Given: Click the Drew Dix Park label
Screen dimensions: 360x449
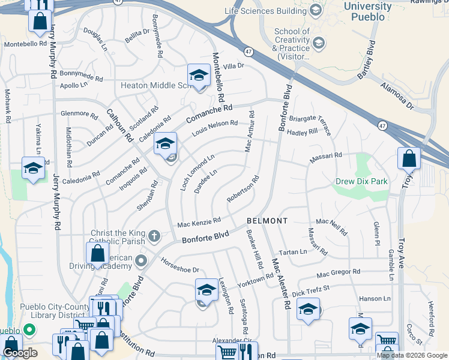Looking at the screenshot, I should [x=361, y=181].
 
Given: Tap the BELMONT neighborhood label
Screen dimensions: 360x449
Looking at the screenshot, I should [x=267, y=221].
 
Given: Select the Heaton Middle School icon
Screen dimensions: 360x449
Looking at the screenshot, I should [x=197, y=75].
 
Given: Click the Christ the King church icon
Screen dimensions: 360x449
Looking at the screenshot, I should [x=154, y=236].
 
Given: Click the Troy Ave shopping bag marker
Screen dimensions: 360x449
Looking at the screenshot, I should [x=409, y=159].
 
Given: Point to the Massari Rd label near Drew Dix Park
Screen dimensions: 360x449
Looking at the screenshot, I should [x=325, y=157].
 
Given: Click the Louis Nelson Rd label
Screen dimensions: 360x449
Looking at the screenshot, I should [x=214, y=127].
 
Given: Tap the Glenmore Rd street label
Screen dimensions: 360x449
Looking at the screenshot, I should [x=79, y=113].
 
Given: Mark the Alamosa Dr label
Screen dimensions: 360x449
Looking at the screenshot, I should [x=397, y=95].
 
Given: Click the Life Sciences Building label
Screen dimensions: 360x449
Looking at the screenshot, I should [x=265, y=11].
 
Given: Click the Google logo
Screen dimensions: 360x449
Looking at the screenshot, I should [x=20, y=353].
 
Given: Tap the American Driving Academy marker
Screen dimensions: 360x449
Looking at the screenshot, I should [x=141, y=260].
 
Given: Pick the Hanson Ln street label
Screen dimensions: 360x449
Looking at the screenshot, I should [x=375, y=298].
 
